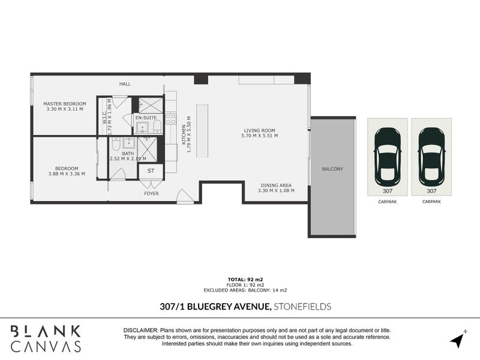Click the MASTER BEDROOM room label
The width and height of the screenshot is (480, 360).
[x=65, y=103]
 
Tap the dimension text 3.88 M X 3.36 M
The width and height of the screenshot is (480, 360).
[x=66, y=174]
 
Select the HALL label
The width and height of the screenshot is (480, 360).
[x=125, y=84]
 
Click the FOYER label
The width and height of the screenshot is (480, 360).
[x=151, y=194]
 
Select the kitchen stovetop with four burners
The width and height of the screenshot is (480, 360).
[x=170, y=118]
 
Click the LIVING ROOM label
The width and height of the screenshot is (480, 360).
[x=259, y=130]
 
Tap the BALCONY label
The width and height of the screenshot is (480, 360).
[x=332, y=169]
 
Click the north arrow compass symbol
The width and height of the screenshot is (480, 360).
[x=458, y=340]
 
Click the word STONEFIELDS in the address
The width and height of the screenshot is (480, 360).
[x=302, y=307]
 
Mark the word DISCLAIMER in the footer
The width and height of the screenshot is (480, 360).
[x=140, y=331]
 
